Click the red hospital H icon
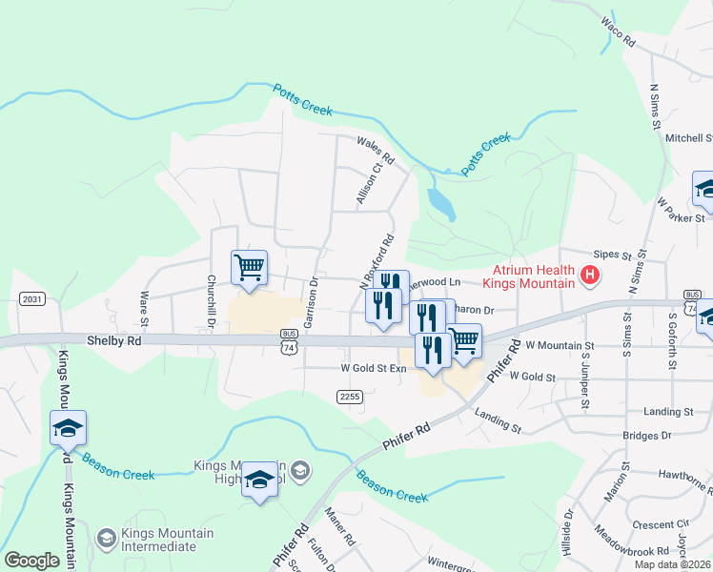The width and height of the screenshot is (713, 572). tap(590, 276)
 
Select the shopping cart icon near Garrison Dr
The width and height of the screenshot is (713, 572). tap(249, 267)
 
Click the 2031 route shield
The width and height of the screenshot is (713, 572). tap(31, 298)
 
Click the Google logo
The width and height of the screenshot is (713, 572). tap(31, 561)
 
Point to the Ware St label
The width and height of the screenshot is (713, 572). tap(146, 304)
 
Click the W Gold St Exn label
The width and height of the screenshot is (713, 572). tap(374, 368)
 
